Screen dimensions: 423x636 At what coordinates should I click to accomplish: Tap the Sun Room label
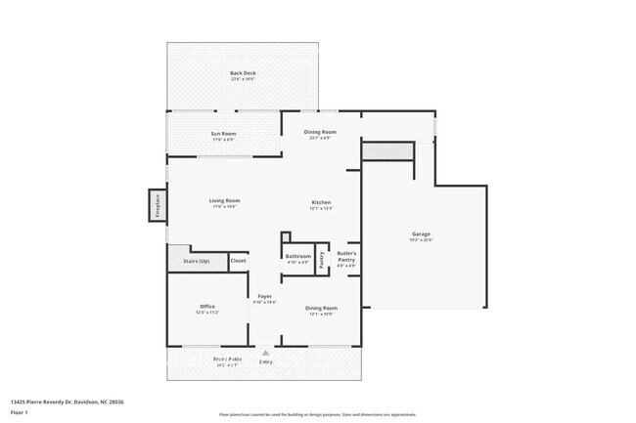point(224,136)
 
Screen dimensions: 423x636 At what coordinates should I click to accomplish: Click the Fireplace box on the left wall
point(154,206)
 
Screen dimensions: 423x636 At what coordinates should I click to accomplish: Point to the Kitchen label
point(321,203)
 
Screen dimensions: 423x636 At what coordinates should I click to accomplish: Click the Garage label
point(421,235)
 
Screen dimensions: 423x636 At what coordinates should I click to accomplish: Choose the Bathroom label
point(297,258)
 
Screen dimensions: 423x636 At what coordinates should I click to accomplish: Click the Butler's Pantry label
point(346,258)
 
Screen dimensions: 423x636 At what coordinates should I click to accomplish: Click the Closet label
point(238,261)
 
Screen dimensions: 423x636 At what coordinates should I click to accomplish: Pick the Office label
point(207,309)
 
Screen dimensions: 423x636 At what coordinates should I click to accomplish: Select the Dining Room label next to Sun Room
point(321,134)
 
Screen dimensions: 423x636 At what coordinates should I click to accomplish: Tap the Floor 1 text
point(20,412)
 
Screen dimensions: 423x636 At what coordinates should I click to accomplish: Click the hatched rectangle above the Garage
point(388,151)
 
